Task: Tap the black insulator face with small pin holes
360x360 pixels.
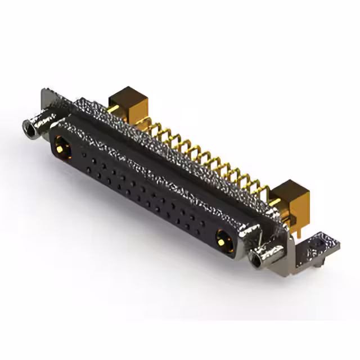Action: point(141,191)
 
